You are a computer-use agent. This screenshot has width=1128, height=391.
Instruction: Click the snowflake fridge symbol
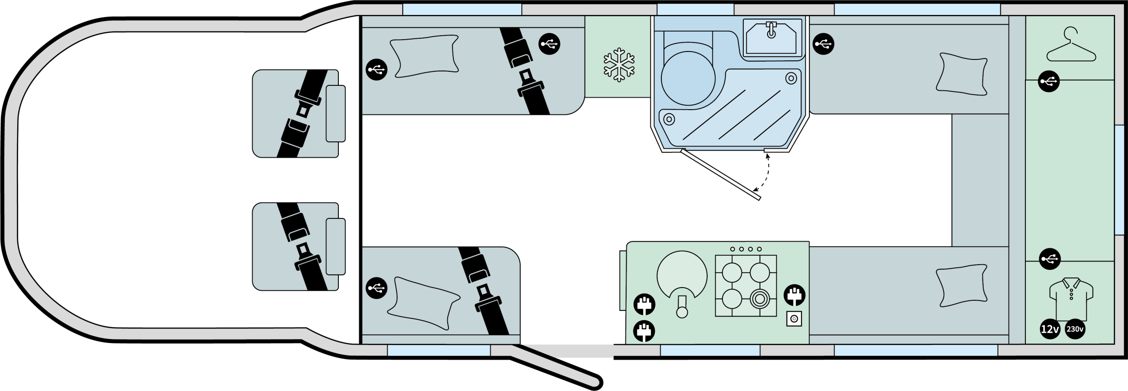point(619,65)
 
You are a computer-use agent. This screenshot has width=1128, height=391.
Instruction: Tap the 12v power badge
point(1050,329)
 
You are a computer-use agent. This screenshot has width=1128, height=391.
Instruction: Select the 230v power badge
point(1075,329)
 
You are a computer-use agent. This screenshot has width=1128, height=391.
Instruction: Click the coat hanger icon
point(1071,44)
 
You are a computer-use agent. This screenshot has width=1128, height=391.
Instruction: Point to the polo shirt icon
point(1071,298)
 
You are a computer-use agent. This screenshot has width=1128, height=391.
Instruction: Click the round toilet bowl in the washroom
point(688,78)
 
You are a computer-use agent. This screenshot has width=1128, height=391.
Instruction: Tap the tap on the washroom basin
point(771,30)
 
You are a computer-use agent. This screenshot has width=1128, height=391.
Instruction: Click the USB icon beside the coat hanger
point(1049,81)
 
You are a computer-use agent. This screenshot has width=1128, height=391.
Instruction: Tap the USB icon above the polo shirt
point(1050,259)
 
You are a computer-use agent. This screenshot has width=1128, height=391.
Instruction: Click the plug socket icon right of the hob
point(794,295)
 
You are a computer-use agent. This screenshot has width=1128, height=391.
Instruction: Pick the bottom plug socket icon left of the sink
point(644,331)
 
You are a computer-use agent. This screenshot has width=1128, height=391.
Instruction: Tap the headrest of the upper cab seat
point(335,114)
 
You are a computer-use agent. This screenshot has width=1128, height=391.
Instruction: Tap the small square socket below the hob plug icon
point(794,319)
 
